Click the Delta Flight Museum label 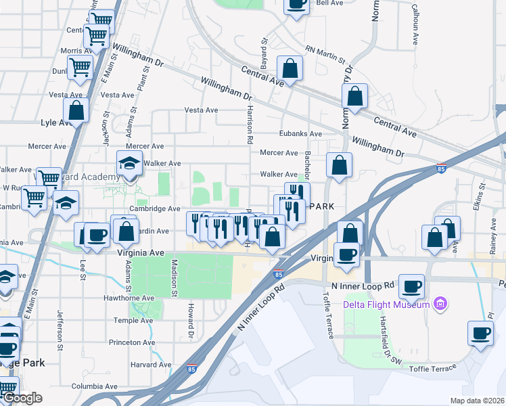point(386,304)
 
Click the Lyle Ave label point(57,122)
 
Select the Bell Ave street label point(330,3)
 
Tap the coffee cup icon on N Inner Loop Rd point(411,287)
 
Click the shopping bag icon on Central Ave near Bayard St point(290,69)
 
